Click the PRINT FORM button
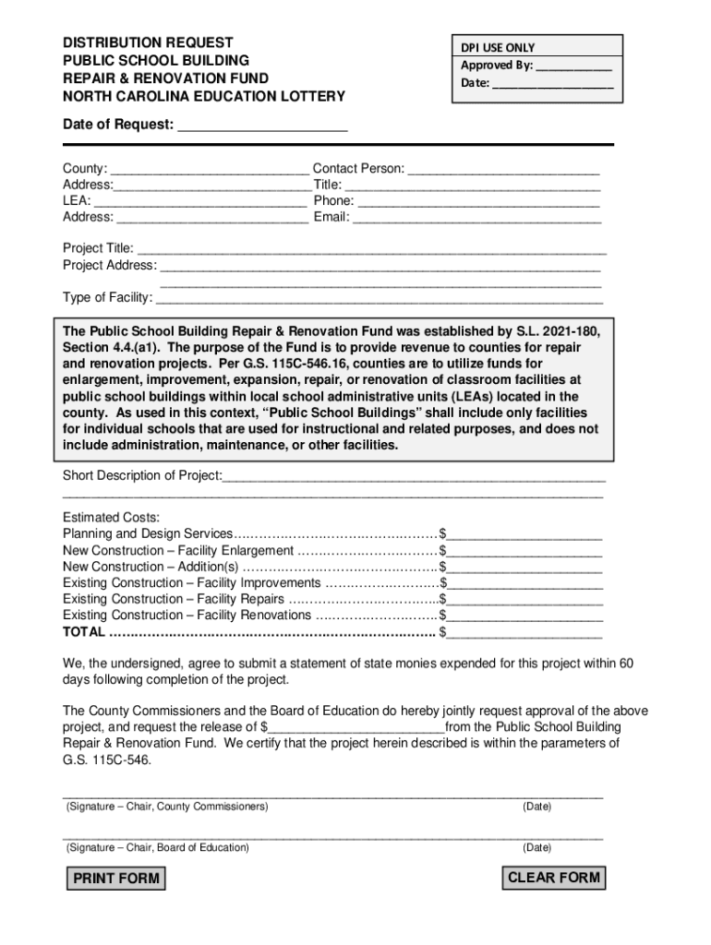[116, 879]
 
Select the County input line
[210, 169]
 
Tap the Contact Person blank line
[503, 169]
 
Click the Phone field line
[478, 201]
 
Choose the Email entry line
[477, 218]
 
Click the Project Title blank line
[371, 249]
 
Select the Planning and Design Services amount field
[524, 534]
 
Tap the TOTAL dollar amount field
[524, 633]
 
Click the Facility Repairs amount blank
[524, 600]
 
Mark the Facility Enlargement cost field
[524, 551]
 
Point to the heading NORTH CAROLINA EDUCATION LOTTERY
[204, 96]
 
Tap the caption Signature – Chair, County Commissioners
[167, 807]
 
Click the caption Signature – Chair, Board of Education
[157, 847]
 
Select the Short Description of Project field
[414, 476]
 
